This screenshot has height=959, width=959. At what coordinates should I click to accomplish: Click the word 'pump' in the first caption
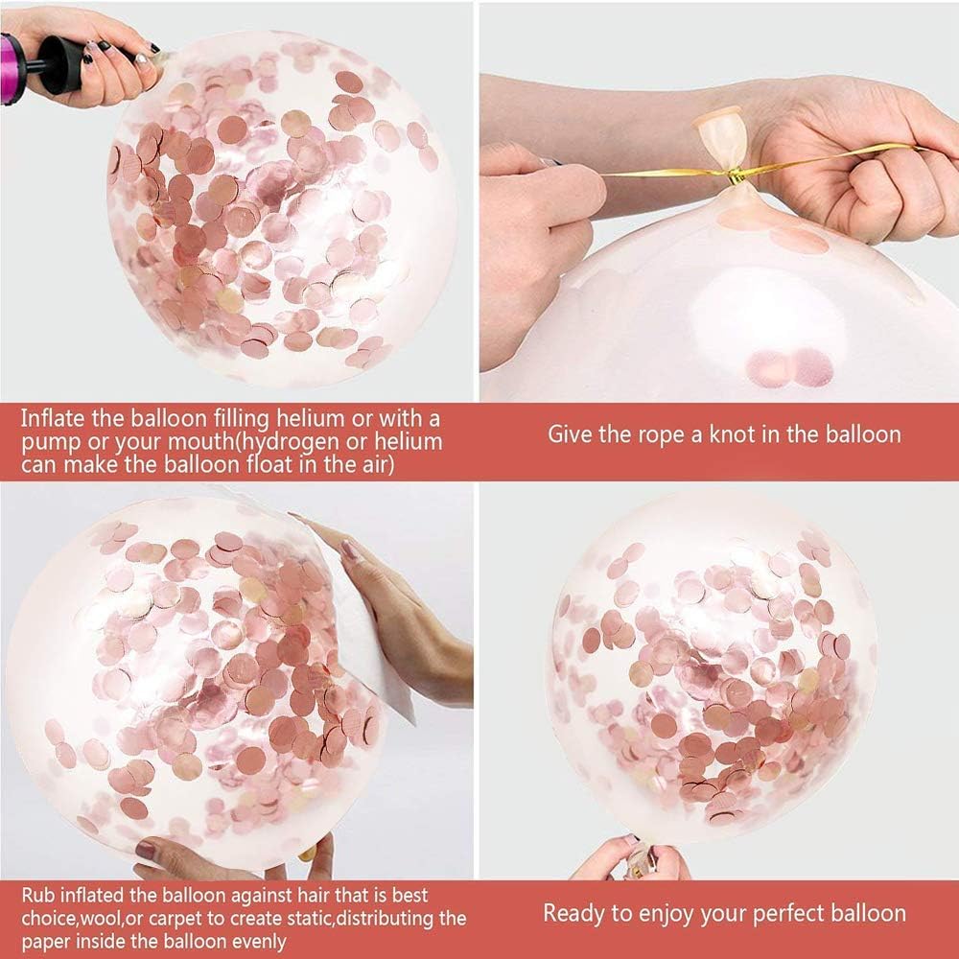point(46,442)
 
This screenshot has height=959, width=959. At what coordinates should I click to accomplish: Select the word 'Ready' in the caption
point(573,913)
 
